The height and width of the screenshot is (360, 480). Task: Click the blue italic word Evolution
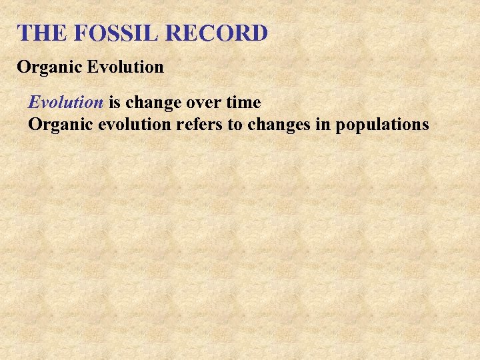(65, 103)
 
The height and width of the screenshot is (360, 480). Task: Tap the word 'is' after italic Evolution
(114, 103)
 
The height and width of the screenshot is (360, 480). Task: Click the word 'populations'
(383, 125)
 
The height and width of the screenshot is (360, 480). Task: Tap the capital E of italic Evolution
(33, 103)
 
